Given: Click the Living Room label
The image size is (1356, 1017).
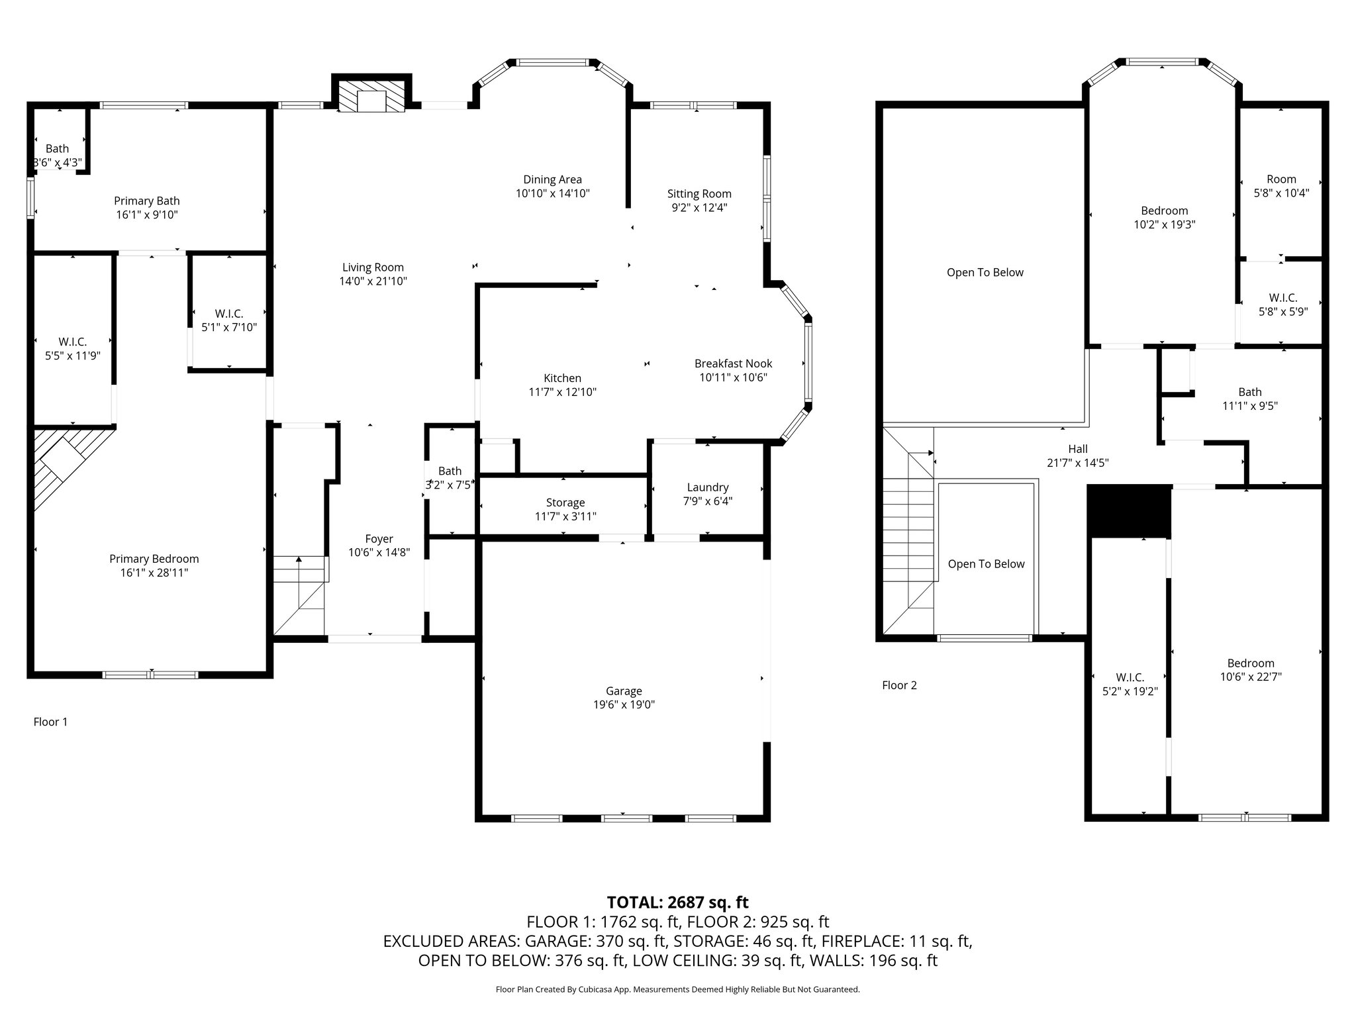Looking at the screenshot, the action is pos(373,267).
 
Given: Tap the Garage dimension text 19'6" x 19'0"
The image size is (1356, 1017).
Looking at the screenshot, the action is pos(624,705).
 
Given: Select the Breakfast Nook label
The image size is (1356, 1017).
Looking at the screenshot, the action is pos(733,363).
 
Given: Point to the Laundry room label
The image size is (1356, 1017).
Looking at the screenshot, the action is pos(708,487).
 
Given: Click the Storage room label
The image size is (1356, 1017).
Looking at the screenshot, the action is pos(565,503).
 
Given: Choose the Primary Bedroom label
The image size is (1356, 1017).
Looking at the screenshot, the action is pos(154,559).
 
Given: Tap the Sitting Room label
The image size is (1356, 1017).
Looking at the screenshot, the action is pos(699,194).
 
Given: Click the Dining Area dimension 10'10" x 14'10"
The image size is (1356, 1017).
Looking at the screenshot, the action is pos(553,193).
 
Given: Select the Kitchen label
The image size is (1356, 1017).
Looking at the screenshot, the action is pos(562,378).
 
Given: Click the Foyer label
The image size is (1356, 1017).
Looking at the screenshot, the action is pos(379,539).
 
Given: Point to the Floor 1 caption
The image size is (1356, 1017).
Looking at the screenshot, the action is pos(50,722).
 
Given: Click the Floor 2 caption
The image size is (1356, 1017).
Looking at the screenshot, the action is pos(899,685).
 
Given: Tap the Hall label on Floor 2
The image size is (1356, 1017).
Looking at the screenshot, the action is pos(1078,449).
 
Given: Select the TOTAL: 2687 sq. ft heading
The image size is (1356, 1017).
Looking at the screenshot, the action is pos(678,902).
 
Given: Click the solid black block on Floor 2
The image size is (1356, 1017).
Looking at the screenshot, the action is pos(1130,510).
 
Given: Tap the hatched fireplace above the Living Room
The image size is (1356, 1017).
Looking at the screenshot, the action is pos(371,97).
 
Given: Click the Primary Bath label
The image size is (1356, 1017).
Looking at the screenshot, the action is pos(147,201).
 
